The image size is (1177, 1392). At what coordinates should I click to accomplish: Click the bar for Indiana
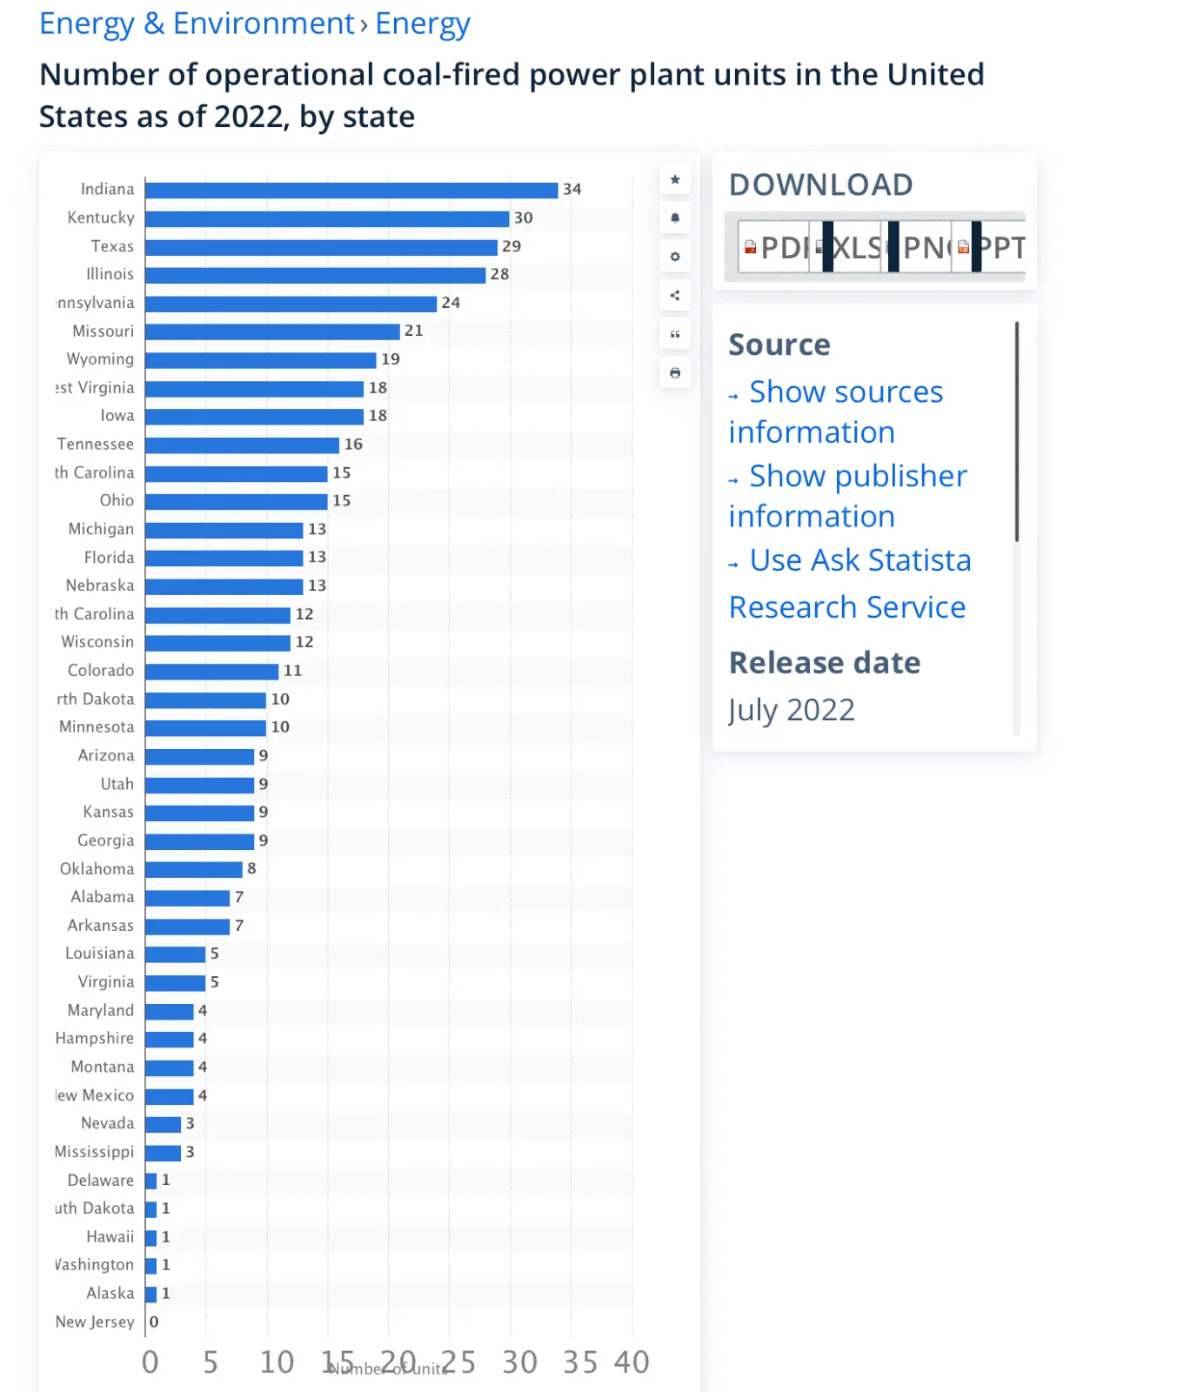coord(351,191)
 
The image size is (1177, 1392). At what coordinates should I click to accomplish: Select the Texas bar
coord(321,247)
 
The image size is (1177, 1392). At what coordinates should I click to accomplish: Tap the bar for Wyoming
coord(260,360)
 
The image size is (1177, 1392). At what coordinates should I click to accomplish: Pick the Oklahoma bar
coord(193,869)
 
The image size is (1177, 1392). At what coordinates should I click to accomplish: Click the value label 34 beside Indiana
coord(572,190)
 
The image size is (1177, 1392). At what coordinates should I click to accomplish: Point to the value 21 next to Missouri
coord(413,331)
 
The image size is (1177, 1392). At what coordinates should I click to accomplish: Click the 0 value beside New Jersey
coord(154,1322)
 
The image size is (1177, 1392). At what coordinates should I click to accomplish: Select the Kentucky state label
coord(101,217)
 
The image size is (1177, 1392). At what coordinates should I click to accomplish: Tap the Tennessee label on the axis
coord(96,445)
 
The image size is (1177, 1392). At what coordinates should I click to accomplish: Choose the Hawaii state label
coord(110,1237)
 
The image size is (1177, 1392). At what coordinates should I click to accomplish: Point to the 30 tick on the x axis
coord(519,1362)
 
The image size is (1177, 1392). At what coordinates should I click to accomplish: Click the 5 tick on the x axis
coord(211,1362)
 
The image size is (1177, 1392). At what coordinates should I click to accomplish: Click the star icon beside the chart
coord(675,180)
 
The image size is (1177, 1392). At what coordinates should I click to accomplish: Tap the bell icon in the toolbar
coord(675,218)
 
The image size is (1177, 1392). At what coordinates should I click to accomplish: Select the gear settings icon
coord(675,257)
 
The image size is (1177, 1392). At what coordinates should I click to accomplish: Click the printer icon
coord(675,373)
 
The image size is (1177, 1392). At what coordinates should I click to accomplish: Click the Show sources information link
coord(835,412)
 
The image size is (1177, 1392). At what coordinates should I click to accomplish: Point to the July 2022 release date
coord(792,710)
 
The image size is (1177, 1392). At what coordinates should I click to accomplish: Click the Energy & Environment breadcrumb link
coord(197,23)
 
